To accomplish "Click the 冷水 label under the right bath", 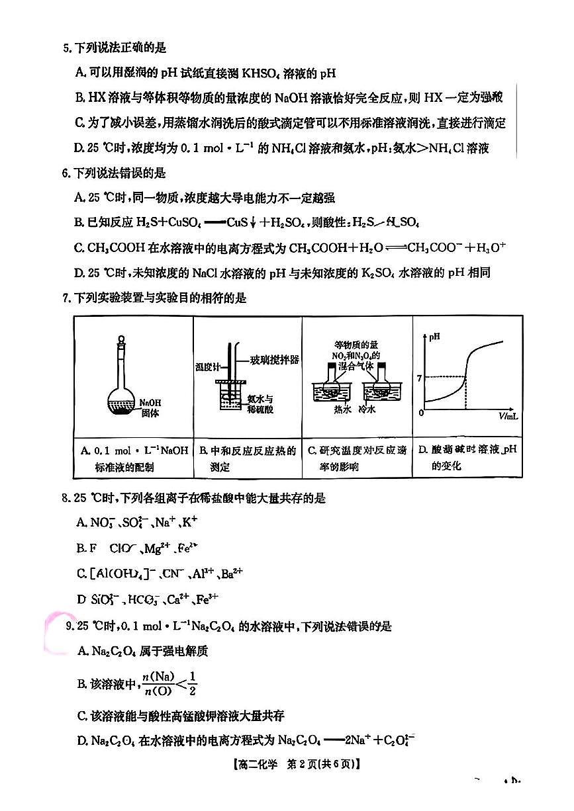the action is click(367, 409).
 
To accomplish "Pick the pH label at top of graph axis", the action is click(434, 337).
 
